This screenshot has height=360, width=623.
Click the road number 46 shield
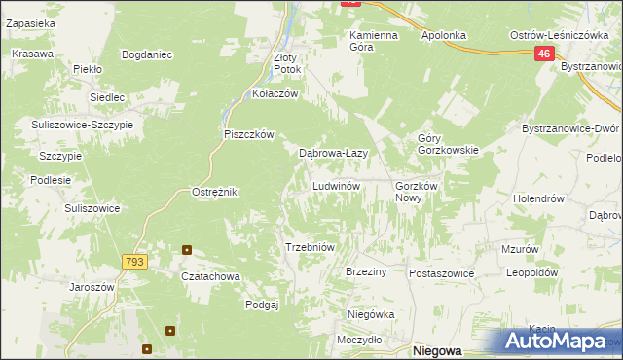click(x=544, y=56)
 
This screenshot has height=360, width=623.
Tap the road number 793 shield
click(x=134, y=262)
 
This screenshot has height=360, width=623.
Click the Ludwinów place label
click(x=337, y=185)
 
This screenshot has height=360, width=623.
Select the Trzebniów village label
click(x=310, y=247)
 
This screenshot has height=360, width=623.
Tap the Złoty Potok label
click(x=287, y=63)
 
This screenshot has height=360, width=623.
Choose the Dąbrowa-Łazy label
click(x=332, y=153)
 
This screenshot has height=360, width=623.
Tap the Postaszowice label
click(x=441, y=273)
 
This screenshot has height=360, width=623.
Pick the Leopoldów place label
click(x=531, y=273)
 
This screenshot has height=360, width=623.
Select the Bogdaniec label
click(x=147, y=54)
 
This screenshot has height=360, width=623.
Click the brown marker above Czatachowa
click(x=186, y=250)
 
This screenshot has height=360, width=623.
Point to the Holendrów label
click(x=538, y=198)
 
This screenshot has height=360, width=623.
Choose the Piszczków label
click(x=250, y=134)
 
